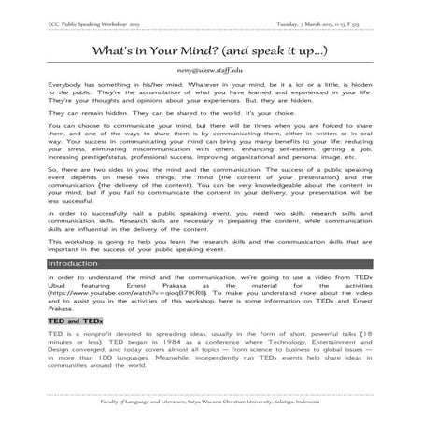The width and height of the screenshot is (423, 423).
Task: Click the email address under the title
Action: pyautogui.click(x=210, y=70)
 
